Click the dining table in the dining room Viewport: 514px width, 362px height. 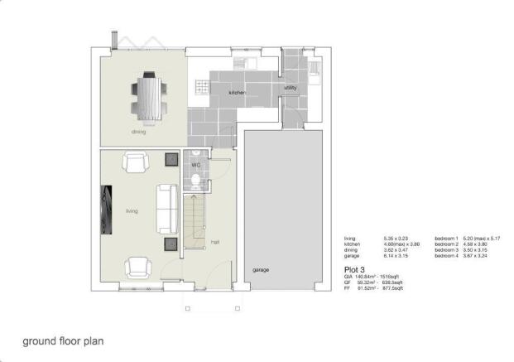(x=150, y=94)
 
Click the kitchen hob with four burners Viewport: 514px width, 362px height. (x=201, y=84)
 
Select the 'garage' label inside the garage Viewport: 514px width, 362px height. (x=262, y=270)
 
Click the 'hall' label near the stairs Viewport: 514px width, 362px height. (x=214, y=242)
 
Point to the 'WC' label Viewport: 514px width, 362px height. (x=196, y=165)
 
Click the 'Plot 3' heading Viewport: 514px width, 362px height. (x=354, y=269)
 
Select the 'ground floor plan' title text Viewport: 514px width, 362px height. (x=63, y=340)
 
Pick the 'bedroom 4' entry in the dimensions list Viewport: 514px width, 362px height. (x=446, y=258)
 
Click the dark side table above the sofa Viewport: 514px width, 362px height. (x=171, y=159)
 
